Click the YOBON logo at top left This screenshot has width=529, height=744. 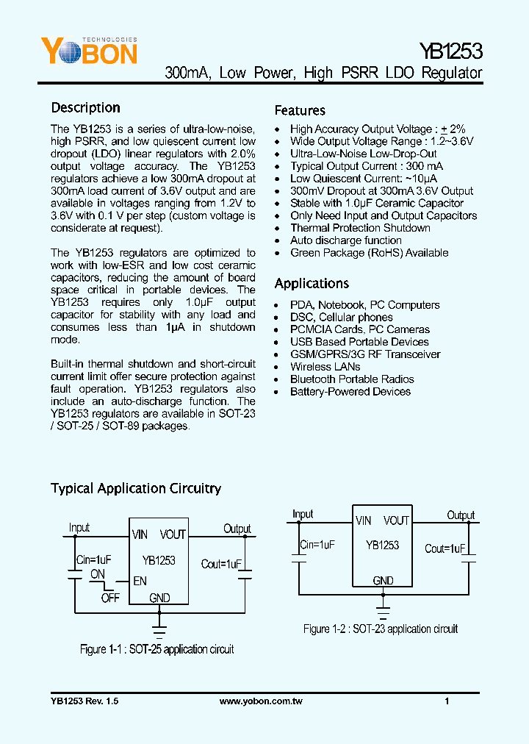tap(88, 51)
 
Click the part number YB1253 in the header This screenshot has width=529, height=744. tap(450, 51)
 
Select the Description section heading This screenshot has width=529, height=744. tap(85, 108)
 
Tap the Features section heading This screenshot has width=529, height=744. tap(300, 110)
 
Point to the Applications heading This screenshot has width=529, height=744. tap(312, 284)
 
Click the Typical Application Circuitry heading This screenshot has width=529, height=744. tap(135, 488)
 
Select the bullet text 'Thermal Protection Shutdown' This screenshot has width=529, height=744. tap(360, 228)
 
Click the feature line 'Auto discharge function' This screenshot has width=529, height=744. tap(345, 240)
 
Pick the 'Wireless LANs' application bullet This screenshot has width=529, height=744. tap(325, 367)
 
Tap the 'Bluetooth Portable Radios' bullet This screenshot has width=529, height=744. tap(352, 379)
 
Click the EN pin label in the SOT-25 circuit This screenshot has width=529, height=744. tap(140, 581)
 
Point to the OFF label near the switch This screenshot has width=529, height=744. tap(110, 598)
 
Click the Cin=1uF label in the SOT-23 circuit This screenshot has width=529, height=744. tap(317, 546)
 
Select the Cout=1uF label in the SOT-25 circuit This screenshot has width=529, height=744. tap(221, 565)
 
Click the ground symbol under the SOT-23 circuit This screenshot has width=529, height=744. tap(383, 609)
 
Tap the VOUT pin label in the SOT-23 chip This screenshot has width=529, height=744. tap(396, 521)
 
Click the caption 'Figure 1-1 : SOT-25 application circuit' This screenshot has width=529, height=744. tap(156, 649)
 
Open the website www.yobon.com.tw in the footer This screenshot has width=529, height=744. tap(261, 701)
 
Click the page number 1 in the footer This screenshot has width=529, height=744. tap(447, 701)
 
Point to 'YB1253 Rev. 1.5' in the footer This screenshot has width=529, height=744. tap(84, 701)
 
